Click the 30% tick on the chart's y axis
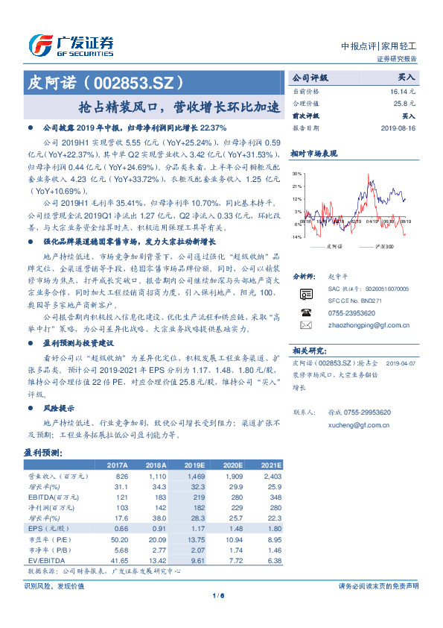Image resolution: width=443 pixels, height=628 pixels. pyautogui.click(x=297, y=174)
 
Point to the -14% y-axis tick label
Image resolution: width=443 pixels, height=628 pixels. pyautogui.click(x=296, y=236)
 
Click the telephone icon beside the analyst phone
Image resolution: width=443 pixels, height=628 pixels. pyautogui.click(x=305, y=313)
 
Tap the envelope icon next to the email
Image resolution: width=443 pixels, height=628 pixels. pyautogui.click(x=305, y=326)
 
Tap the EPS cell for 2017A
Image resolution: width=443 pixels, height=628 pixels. pyautogui.click(x=118, y=528)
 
